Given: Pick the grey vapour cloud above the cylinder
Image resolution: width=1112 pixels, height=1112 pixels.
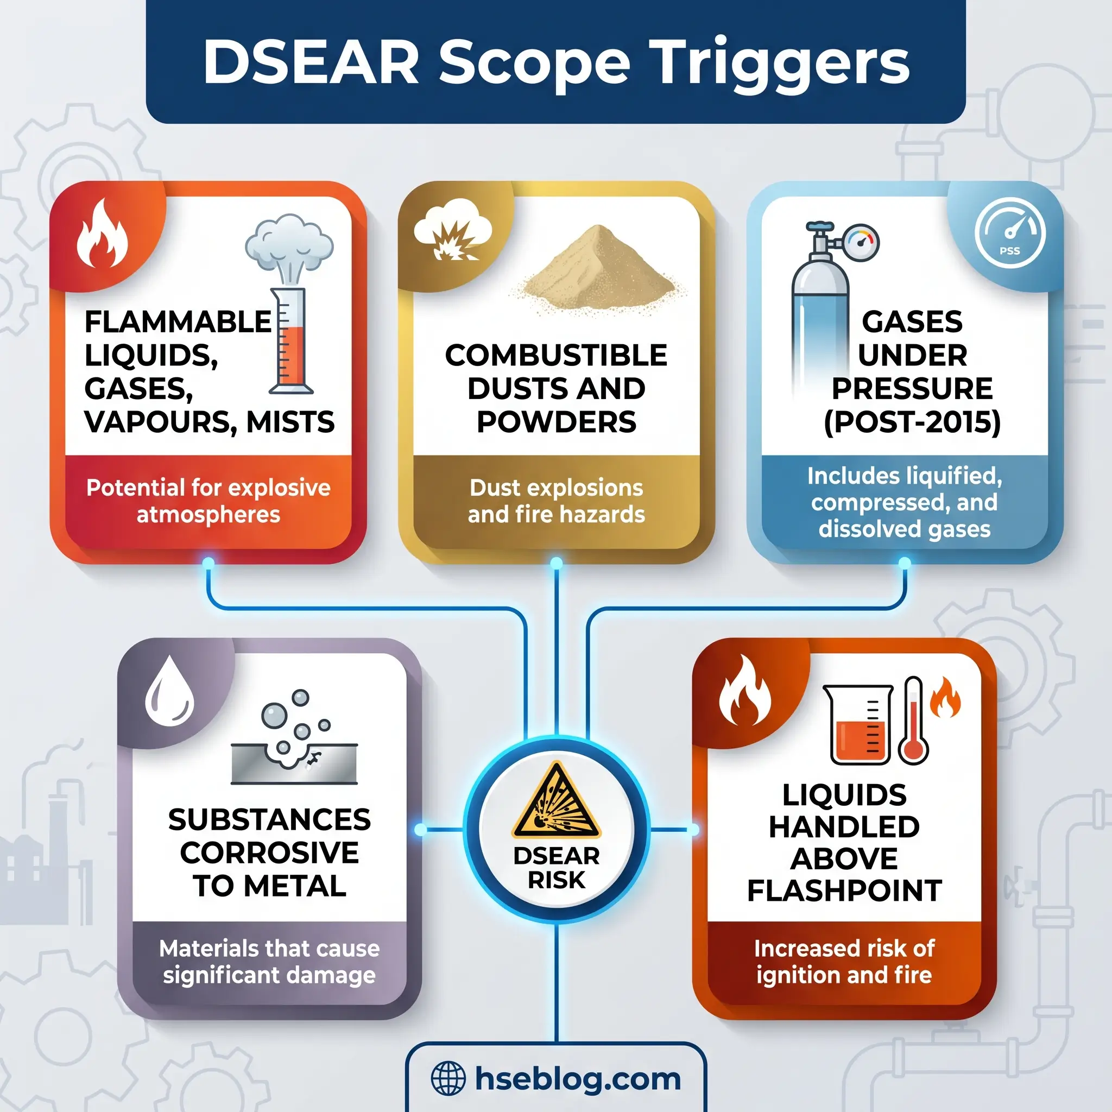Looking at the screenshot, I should [289, 245].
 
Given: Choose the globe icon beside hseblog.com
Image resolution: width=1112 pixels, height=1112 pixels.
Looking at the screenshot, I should [448, 1078].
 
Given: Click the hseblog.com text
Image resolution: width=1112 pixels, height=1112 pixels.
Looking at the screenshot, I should [578, 1078].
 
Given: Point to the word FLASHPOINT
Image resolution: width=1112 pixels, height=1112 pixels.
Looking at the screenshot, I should [844, 890].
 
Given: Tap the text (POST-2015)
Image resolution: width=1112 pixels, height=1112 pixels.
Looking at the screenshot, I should [912, 422].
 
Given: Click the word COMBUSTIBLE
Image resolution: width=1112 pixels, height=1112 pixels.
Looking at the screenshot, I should [556, 355].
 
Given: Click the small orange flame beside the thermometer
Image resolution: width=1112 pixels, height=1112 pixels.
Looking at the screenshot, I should [945, 698].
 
